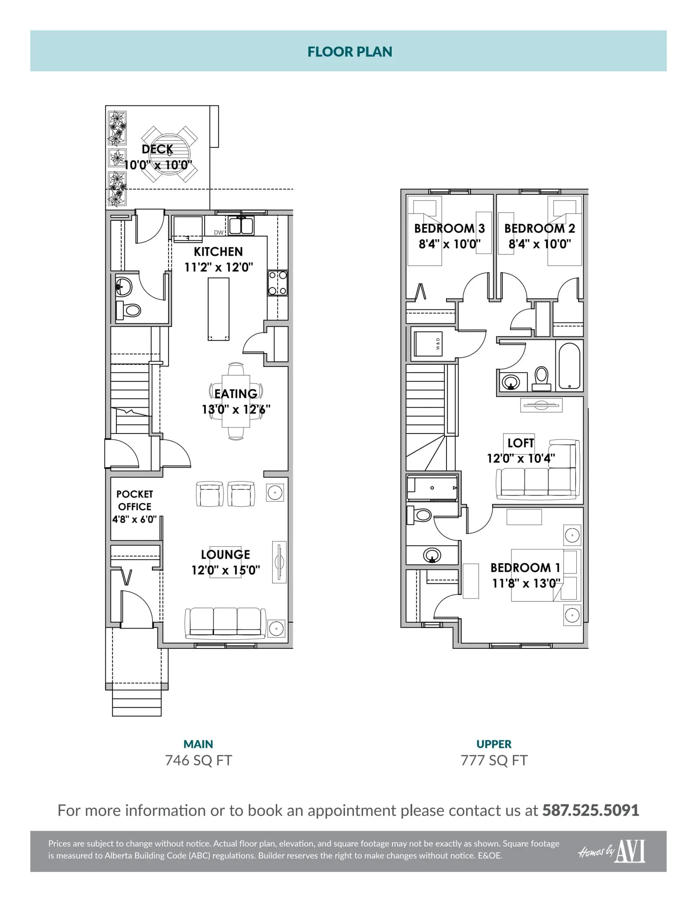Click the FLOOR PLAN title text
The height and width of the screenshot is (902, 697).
coord(350,52)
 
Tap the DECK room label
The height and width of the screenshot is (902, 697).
coord(157,149)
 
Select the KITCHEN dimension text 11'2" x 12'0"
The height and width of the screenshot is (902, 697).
coord(219,267)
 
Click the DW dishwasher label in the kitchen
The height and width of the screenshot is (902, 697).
coord(219,233)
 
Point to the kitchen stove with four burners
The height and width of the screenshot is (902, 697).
coord(277,283)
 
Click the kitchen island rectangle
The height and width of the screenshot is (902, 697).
coord(219,309)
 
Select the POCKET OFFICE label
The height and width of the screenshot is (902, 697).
coord(135,500)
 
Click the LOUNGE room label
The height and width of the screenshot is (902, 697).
coord(226,555)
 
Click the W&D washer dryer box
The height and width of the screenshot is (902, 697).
coord(429,344)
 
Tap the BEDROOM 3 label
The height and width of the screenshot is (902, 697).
coord(450,228)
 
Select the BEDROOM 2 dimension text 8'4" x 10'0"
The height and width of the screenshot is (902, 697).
coord(540,244)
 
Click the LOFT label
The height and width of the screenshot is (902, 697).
coord(521,443)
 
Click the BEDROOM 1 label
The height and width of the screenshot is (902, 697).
coord(525,568)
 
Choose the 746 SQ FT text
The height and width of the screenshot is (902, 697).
coord(199,760)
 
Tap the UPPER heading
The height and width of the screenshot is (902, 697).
coord(494,744)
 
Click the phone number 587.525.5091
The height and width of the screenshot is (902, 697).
coord(591,810)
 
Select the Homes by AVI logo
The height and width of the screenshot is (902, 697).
coord(612,852)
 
